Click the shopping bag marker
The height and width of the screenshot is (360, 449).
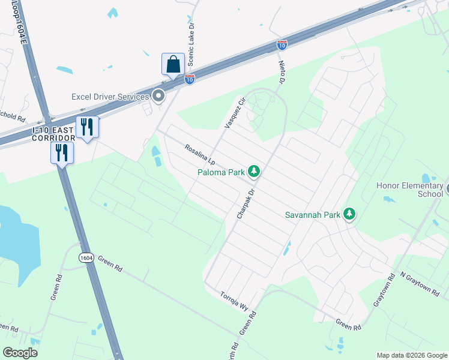pyautogui.click(x=173, y=64)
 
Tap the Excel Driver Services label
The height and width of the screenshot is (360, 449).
pyautogui.click(x=110, y=97)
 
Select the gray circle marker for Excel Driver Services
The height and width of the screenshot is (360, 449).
pyautogui.click(x=158, y=96)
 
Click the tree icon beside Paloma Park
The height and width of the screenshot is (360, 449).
pyautogui.click(x=255, y=172)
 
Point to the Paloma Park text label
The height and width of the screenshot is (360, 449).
pyautogui.click(x=221, y=173)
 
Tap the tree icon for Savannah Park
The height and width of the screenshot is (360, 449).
pyautogui.click(x=349, y=214)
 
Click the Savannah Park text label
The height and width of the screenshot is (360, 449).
pyautogui.click(x=312, y=215)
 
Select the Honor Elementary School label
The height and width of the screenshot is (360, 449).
pyautogui.click(x=409, y=190)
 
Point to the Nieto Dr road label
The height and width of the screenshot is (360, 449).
pyautogui.click(x=280, y=71)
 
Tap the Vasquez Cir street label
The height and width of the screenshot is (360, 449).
pyautogui.click(x=235, y=113)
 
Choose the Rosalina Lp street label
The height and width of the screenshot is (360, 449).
pyautogui.click(x=200, y=154)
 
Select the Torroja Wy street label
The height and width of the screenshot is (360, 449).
pyautogui.click(x=234, y=301)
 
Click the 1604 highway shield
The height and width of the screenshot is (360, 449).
pyautogui.click(x=86, y=257)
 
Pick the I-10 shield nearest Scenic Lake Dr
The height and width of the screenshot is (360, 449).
pyautogui.click(x=189, y=79)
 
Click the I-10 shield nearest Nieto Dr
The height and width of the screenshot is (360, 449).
pyautogui.click(x=282, y=44)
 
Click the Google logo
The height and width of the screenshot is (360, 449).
pyautogui.click(x=20, y=353)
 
